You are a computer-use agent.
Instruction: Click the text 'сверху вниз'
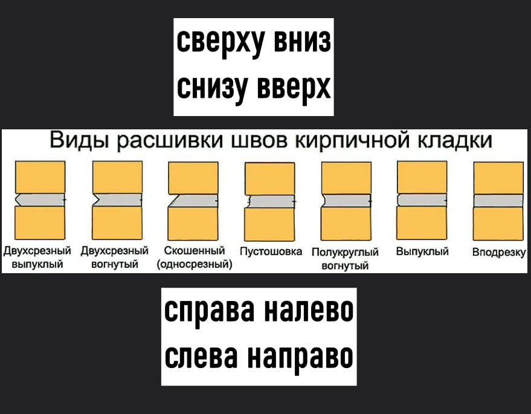[254, 43]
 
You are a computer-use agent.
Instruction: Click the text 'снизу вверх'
[254, 87]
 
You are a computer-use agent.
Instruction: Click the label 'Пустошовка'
[271, 252]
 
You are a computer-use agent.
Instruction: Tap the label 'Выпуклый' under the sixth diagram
[422, 252]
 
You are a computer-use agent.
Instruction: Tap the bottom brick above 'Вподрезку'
[498, 223]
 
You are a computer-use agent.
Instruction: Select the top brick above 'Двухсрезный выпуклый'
[40, 176]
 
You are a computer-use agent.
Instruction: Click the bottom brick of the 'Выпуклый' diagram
[422, 223]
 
